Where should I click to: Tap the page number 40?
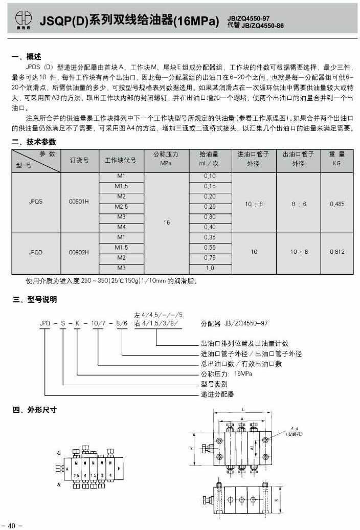tap(12, 524)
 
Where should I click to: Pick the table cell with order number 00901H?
tap(79, 202)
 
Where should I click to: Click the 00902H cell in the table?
tap(79, 252)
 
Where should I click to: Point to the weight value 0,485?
tap(337, 204)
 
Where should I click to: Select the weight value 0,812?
tap(337, 252)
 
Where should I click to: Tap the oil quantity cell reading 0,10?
tap(210, 176)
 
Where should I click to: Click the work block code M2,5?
tap(121, 206)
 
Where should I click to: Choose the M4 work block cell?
tap(121, 227)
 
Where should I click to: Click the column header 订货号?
tap(79, 160)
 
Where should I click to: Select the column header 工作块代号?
tap(121, 160)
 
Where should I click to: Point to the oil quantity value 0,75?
tap(210, 258)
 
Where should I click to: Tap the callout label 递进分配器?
tap(217, 394)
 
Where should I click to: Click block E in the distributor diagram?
tap(119, 468)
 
